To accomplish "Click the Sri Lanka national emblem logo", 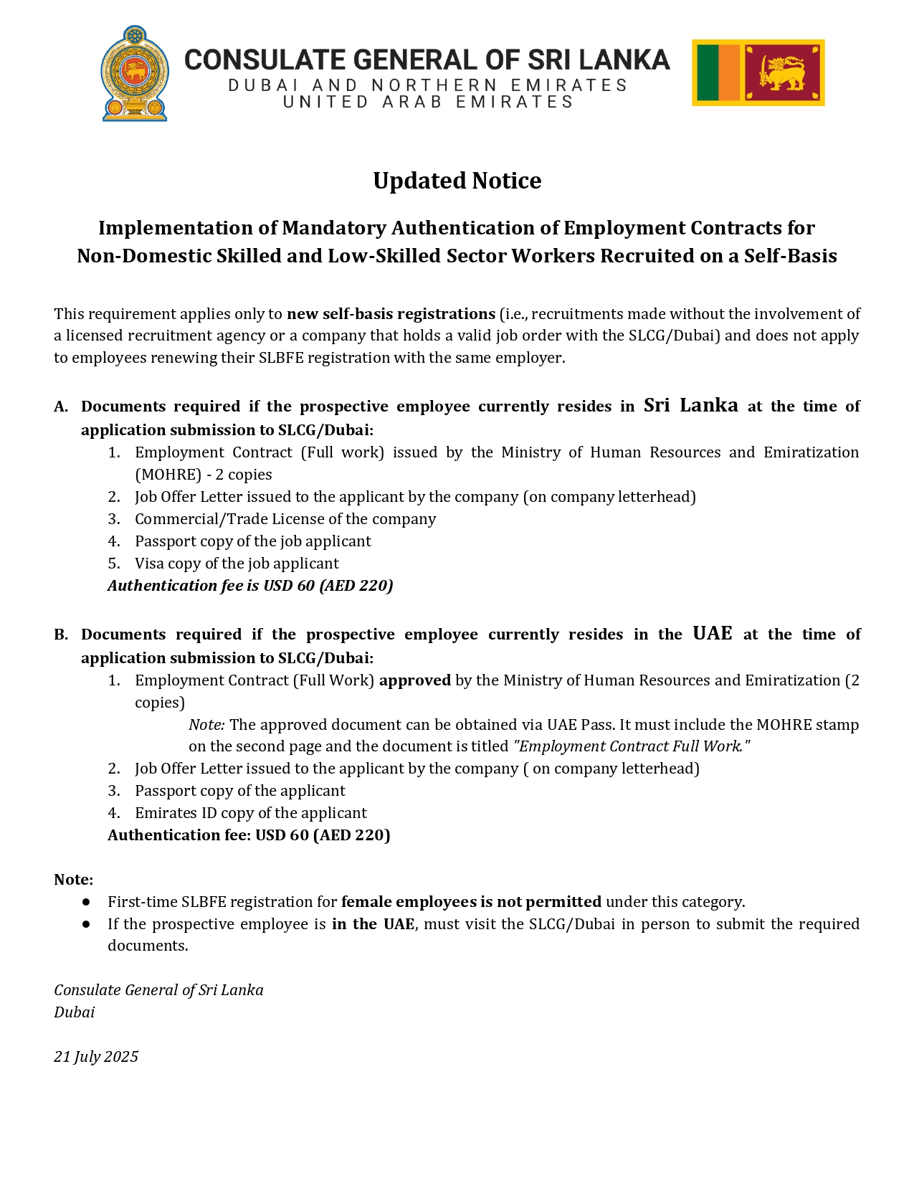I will tap(135, 73).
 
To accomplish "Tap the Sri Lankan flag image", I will tap(758, 73).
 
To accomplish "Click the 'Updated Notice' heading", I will tap(457, 181).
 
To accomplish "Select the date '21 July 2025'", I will tap(96, 1057).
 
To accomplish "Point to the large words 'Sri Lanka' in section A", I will tap(690, 406).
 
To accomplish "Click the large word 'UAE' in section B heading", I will tap(712, 634).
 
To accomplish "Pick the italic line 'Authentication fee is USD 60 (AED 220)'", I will tap(250, 586).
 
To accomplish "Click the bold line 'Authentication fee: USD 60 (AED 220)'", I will tap(249, 835).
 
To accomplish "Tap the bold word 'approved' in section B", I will tap(414, 680).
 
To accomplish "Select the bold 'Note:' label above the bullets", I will tap(73, 880).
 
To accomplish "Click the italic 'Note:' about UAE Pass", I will tap(206, 725).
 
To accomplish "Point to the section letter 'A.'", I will tap(61, 407).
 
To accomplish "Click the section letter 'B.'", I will tap(61, 635).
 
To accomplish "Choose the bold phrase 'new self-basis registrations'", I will tap(391, 314).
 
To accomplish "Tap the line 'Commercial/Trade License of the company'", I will tap(285, 519).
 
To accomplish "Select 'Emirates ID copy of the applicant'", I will tap(250, 813).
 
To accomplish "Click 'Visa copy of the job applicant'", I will tap(237, 564).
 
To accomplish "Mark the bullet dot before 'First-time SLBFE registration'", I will tap(86, 902).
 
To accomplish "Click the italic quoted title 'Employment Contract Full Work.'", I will tap(632, 746).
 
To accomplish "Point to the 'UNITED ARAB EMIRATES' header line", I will tap(428, 102).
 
